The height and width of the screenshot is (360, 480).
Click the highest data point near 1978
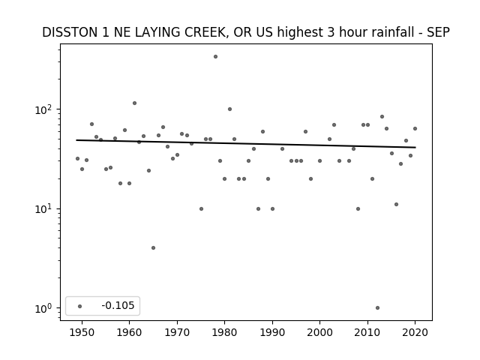click(215, 57)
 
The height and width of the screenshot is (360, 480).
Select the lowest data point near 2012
click(377, 308)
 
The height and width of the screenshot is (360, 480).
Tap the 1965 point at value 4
click(153, 248)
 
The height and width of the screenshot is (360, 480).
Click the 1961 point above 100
click(134, 103)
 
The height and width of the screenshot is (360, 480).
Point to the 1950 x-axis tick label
click(82, 332)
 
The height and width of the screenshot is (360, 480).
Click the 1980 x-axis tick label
click(224, 332)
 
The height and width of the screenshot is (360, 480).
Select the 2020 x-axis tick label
click(415, 332)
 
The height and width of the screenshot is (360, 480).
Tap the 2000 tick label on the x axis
click(319, 332)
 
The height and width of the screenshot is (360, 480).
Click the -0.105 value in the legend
click(118, 305)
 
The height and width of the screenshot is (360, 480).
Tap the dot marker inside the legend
click(80, 306)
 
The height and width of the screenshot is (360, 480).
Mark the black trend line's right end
click(415, 148)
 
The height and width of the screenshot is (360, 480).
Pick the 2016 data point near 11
click(397, 205)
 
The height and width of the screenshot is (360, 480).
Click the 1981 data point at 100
click(230, 109)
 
